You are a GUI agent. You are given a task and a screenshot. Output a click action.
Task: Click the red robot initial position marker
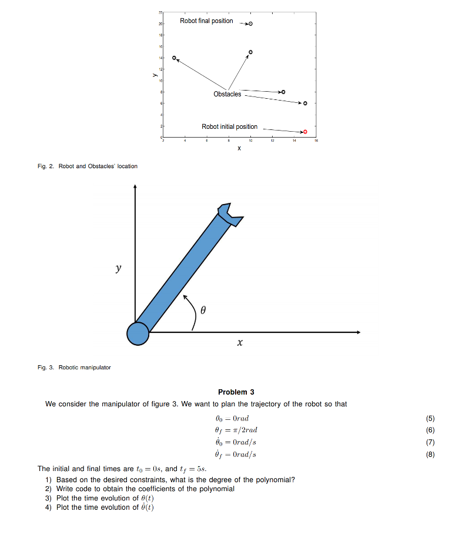pos(305,132)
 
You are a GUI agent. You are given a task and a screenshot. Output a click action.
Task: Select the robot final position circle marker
pos(250,24)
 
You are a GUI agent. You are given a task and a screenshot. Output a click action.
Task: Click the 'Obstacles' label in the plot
pos(227,94)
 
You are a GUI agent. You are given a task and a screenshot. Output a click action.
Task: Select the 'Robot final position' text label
pos(206,21)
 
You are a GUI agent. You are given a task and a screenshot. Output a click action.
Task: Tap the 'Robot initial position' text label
pos(229,126)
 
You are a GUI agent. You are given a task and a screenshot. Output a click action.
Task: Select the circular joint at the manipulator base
pos(138,333)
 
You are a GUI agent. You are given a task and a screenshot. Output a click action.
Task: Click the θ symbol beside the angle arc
pos(203,309)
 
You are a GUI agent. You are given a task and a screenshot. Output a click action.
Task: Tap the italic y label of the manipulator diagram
pos(118,268)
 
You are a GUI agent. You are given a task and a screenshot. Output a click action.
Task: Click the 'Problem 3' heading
pos(236,392)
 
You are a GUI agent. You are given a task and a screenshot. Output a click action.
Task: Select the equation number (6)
pos(429,430)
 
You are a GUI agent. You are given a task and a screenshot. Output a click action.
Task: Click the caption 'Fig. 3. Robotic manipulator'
pos(74,368)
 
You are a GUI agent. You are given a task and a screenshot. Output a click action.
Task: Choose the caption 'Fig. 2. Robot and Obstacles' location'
pos(88,166)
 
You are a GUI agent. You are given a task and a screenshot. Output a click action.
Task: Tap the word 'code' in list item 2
pos(81,489)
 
